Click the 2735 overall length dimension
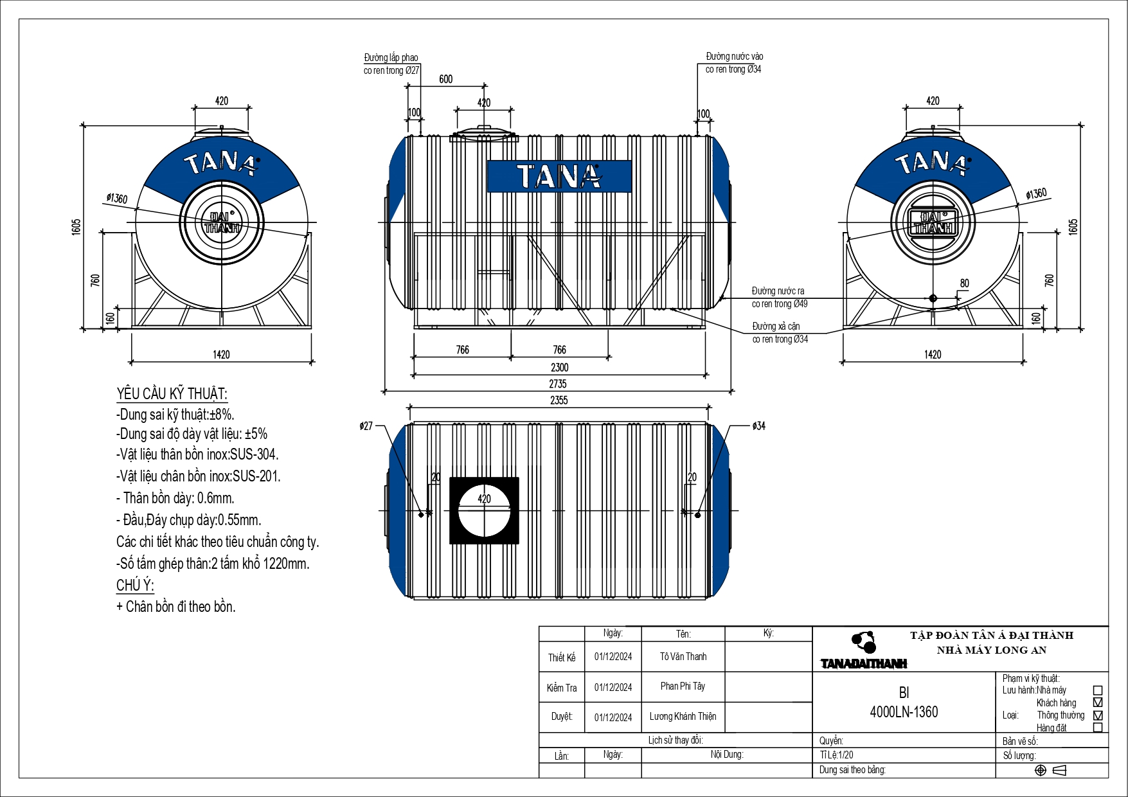pos(557,384)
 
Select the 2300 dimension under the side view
pos(559,368)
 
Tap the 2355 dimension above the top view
pos(559,400)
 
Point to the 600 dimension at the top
pos(445,79)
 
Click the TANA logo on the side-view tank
pos(559,176)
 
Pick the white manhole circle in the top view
pos(484,511)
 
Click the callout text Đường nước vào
pos(734,57)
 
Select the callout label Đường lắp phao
pos(391,58)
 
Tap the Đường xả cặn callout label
pos(776,327)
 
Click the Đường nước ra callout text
pos(778,291)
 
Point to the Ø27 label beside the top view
pos(366,425)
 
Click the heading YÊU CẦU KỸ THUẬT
pos(172,394)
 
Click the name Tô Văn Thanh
pos(683,656)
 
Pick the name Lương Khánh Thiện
pos(683,716)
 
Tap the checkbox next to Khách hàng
pos(1097,703)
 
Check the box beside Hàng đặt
pos(1097,728)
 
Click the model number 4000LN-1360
pos(903,712)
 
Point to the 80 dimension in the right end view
pos(964,283)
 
